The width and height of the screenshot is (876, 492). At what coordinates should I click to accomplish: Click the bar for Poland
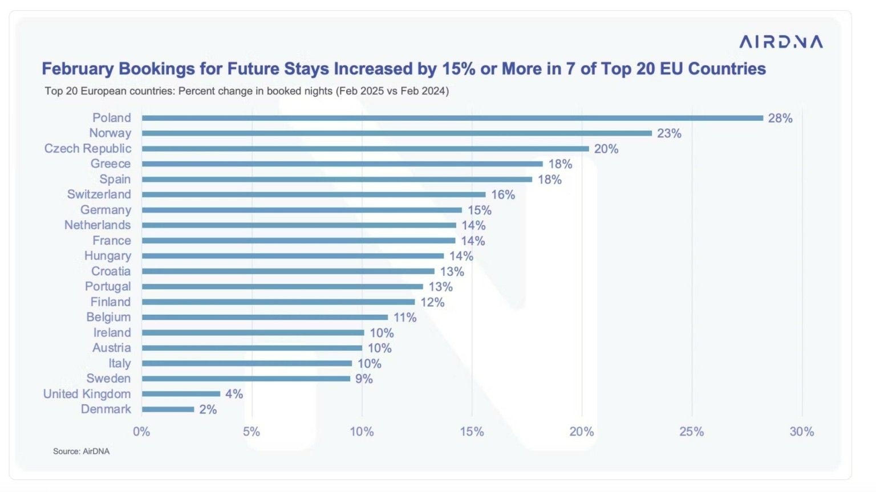(452, 118)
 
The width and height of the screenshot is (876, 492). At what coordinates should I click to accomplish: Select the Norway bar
(396, 133)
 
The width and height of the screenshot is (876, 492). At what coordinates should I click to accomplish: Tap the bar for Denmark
(168, 409)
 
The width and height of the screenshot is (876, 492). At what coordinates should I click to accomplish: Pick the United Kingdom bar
(181, 394)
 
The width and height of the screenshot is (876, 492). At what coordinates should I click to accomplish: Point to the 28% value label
(780, 118)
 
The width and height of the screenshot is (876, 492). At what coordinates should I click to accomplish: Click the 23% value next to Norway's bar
(669, 133)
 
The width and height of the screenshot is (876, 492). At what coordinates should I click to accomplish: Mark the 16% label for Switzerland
(503, 195)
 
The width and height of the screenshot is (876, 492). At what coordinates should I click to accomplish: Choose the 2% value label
(208, 409)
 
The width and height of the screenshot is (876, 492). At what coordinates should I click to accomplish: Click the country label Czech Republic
(88, 148)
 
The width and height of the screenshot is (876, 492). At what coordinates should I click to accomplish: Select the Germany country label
(106, 210)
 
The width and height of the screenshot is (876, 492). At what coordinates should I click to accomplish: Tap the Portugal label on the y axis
(108, 286)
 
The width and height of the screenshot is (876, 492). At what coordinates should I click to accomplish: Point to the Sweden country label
(108, 379)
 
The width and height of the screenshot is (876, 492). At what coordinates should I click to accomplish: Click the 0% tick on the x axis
(141, 432)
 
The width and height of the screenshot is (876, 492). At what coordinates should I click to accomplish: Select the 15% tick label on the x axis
(472, 432)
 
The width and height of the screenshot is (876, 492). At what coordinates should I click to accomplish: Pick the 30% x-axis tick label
(801, 432)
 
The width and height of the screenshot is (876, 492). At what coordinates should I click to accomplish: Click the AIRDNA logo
(781, 42)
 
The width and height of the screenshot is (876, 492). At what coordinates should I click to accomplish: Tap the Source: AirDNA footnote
(81, 452)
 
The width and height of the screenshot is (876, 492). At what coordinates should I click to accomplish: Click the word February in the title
(78, 69)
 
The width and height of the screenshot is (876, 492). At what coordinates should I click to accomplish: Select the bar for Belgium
(265, 318)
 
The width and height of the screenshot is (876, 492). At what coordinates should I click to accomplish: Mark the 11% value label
(405, 318)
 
